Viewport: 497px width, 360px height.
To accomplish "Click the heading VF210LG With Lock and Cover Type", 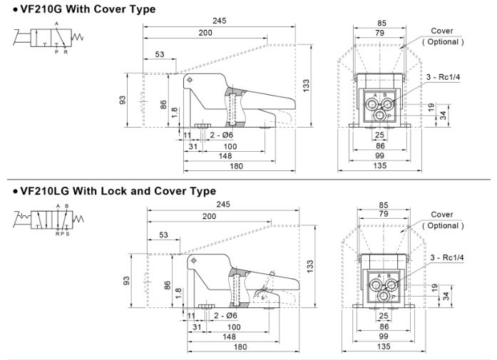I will (x=114, y=191).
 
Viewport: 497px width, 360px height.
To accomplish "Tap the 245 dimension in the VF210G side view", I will (x=219, y=21).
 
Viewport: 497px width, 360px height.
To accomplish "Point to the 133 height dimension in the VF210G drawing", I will (x=306, y=86).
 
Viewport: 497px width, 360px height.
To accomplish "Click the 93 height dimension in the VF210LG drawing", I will (x=127, y=282).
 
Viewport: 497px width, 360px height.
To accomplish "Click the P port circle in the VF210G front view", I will (x=382, y=115).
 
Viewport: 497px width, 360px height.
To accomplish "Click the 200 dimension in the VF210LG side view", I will (x=209, y=216).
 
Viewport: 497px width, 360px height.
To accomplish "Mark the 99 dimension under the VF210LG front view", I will (x=383, y=336).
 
